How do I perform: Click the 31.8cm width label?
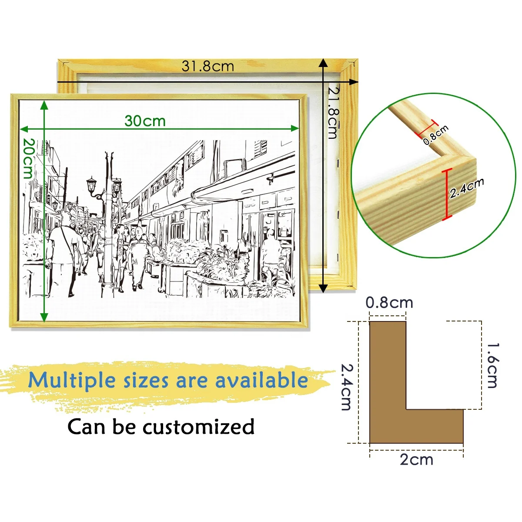[x=207, y=66]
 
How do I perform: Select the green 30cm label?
[x=145, y=121]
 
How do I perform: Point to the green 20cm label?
[x=29, y=159]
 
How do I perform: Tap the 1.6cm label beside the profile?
[x=492, y=365]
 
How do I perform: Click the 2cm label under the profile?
[x=417, y=460]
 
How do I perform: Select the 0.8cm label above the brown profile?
[x=389, y=303]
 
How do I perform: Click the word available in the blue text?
[x=261, y=380]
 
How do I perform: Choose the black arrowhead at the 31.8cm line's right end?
[x=354, y=81]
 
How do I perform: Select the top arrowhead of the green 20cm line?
[x=44, y=105]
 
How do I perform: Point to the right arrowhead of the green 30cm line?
[x=295, y=129]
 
